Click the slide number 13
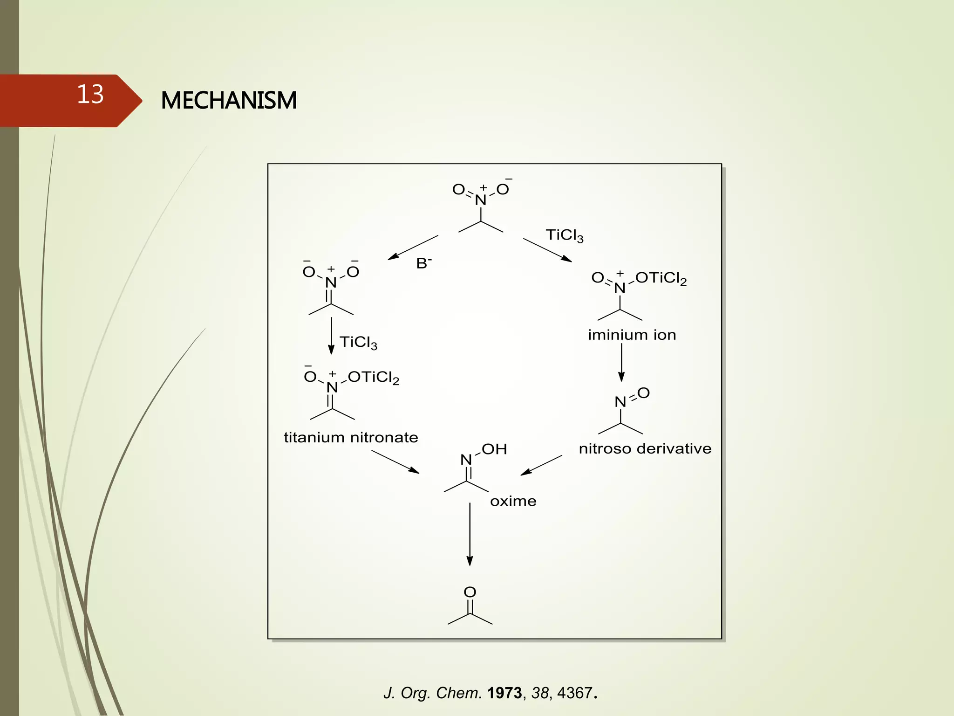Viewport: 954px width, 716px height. click(x=90, y=94)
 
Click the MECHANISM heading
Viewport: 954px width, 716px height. click(x=229, y=100)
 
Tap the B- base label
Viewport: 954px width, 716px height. click(x=423, y=263)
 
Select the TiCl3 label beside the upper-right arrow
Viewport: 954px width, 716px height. click(x=564, y=235)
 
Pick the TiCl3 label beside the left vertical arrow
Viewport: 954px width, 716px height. click(x=358, y=343)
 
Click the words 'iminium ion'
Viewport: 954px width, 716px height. click(x=632, y=335)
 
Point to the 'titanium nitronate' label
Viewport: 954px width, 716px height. click(x=351, y=438)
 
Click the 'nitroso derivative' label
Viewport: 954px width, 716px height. click(x=645, y=449)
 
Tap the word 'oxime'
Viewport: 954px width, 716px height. click(x=513, y=501)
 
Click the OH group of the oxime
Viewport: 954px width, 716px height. click(x=494, y=449)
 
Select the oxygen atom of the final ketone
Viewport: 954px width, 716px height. click(x=470, y=592)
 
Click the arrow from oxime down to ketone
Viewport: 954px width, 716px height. click(x=470, y=534)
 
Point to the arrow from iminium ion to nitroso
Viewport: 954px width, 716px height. click(x=621, y=362)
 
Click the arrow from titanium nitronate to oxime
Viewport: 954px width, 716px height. click(x=395, y=461)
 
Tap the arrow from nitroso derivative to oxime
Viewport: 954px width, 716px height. click(x=541, y=465)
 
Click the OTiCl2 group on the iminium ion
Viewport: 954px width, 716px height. click(x=661, y=278)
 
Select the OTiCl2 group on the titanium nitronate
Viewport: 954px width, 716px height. click(x=373, y=378)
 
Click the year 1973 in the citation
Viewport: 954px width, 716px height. click(x=504, y=693)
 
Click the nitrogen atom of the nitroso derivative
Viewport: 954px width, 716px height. click(x=620, y=402)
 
